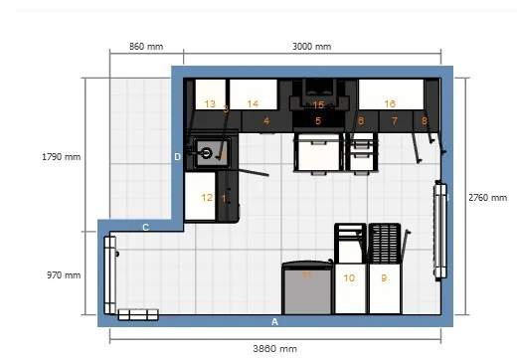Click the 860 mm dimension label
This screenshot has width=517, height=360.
146,47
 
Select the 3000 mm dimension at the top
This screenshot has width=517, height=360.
312,47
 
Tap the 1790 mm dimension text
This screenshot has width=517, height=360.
61,157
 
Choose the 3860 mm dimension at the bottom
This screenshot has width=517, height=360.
275,349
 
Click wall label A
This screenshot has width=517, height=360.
275,322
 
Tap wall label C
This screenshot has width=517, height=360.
145,228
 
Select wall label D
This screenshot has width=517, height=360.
178,156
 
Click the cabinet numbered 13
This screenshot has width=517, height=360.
210,103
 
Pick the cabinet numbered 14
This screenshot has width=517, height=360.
253,103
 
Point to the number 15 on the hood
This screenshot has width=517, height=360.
318,104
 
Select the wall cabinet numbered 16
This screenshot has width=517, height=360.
390,103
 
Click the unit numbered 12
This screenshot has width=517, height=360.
207,197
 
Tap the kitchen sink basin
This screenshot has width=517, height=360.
208,153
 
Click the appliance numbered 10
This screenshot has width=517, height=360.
349,278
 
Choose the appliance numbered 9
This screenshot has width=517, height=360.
384,278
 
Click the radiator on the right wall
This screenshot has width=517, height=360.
438,229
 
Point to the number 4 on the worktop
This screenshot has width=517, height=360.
266,121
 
